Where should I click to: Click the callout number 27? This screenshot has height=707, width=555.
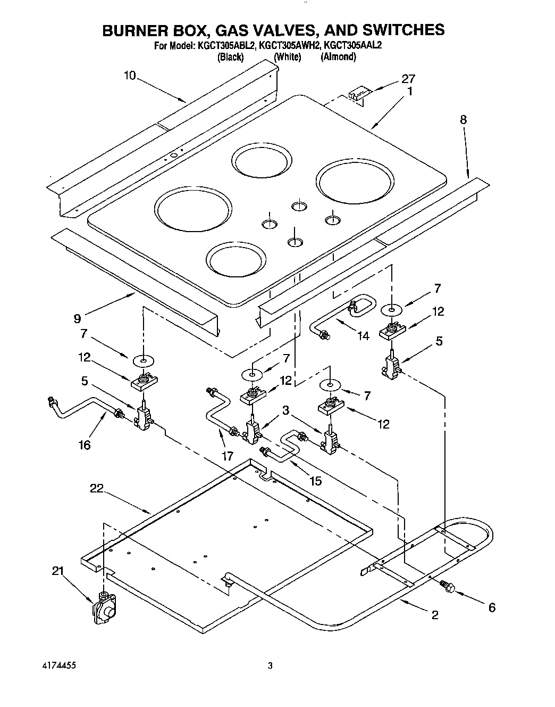click(408, 79)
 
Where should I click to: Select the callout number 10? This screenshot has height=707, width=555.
click(130, 76)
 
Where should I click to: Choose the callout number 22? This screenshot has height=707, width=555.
click(96, 488)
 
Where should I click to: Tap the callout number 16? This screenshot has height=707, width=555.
click(84, 445)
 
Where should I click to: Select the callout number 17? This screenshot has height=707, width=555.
click(228, 455)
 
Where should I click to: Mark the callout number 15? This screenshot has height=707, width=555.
click(316, 481)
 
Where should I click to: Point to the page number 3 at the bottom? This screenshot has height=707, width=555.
click(270, 665)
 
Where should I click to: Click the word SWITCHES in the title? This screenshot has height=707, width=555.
click(392, 30)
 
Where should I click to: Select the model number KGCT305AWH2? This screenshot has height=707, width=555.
click(290, 46)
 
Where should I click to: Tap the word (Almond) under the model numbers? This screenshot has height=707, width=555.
click(338, 57)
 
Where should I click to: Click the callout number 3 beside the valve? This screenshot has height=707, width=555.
click(285, 410)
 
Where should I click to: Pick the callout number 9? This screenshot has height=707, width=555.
click(78, 318)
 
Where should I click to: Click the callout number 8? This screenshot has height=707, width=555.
click(463, 120)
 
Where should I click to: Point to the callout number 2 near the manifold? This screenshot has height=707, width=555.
click(435, 615)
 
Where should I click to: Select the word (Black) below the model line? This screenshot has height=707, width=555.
click(231, 57)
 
